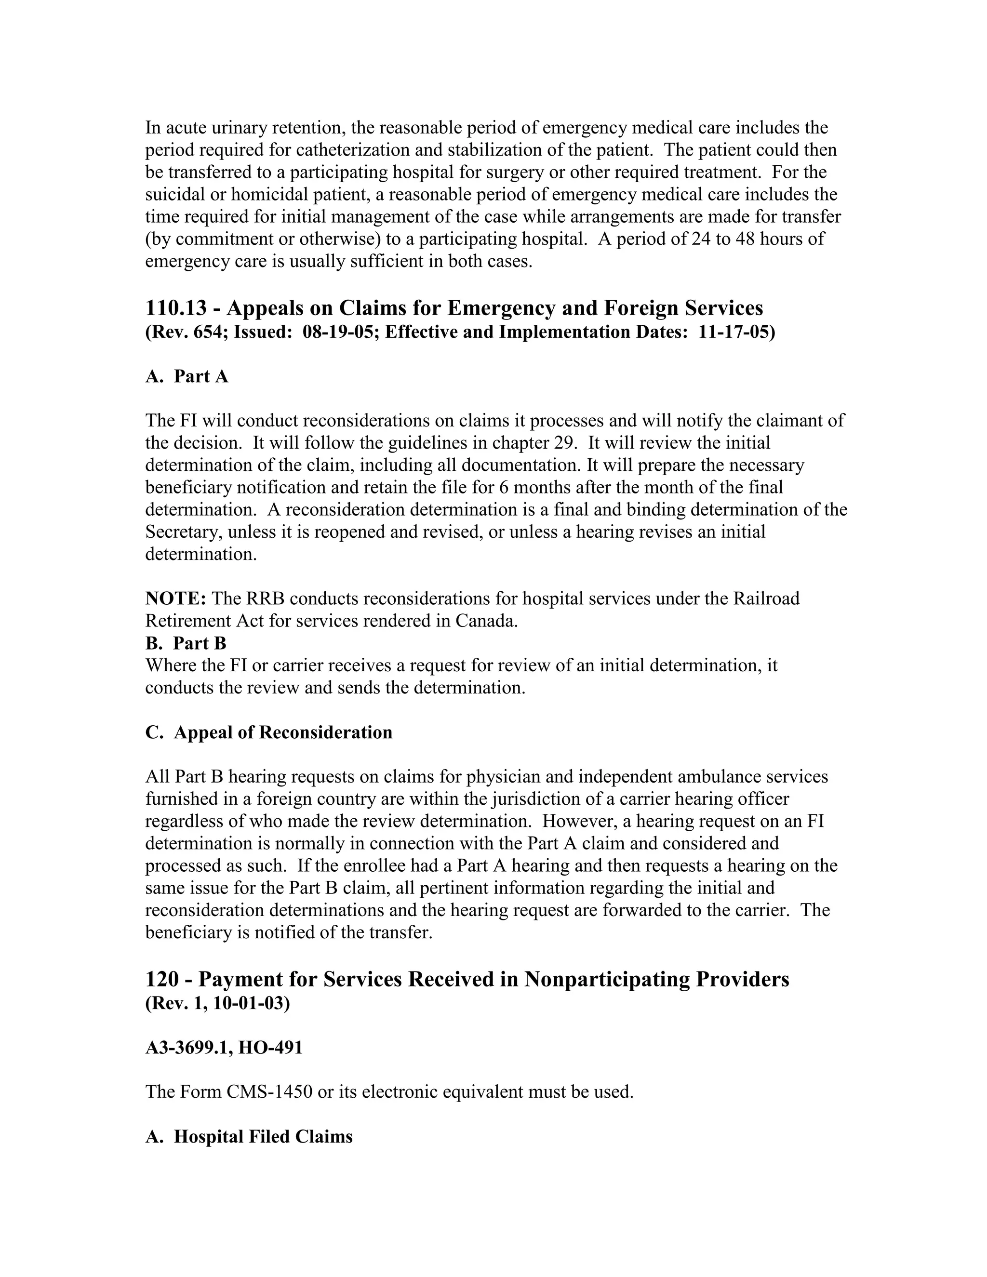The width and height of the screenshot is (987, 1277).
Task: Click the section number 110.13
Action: (x=176, y=308)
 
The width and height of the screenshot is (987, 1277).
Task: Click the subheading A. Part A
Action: (x=187, y=376)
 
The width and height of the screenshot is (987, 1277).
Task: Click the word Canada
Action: (x=486, y=621)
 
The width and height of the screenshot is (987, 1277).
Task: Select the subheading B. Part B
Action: (x=186, y=643)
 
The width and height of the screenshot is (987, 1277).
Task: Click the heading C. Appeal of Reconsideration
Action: (x=268, y=732)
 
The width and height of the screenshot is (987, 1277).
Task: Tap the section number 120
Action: (x=161, y=979)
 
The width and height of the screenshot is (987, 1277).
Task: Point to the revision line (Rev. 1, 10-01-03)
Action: (x=217, y=1003)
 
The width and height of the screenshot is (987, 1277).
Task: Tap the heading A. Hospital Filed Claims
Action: (x=249, y=1137)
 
